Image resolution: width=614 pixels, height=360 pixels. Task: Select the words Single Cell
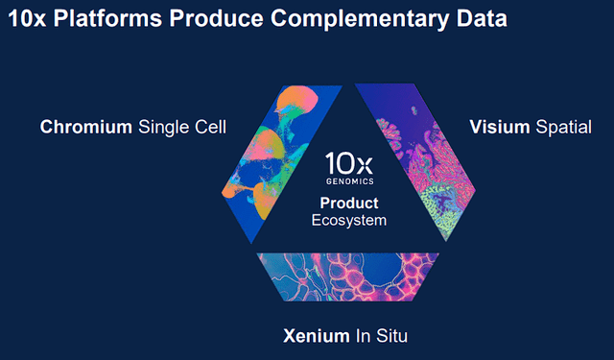coord(182,127)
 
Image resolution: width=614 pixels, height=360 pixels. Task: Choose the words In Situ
coord(386,336)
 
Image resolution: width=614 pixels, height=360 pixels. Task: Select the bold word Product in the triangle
coord(349,204)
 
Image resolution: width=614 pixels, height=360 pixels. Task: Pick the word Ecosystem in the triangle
coord(349,220)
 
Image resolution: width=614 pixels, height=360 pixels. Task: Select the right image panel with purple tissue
coord(422,154)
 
